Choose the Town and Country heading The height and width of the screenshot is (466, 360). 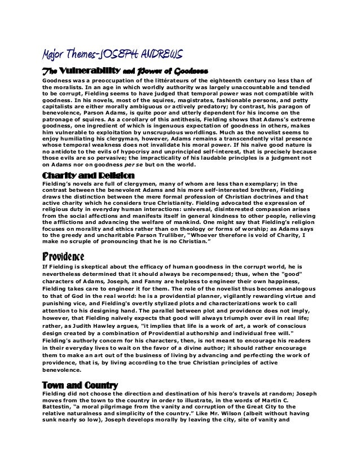pos(80,384)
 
